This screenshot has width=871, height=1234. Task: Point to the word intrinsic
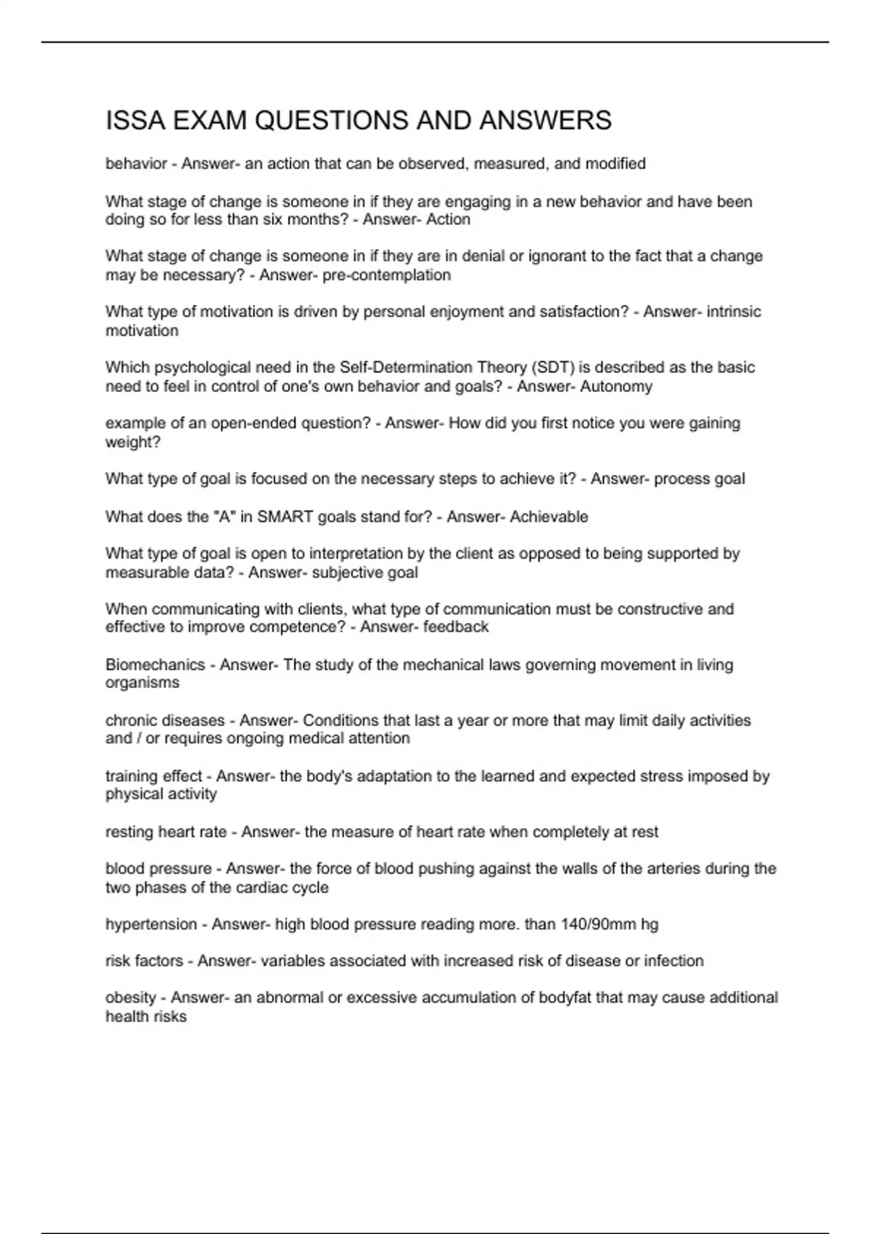pos(734,311)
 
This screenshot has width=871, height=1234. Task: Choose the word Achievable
pos(549,517)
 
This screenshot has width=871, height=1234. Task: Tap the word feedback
pos(456,626)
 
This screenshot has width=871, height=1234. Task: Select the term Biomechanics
pos(155,665)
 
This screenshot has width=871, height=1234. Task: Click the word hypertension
pos(151,924)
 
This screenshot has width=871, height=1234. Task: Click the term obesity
pos(131,997)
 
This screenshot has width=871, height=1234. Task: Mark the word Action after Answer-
pos(449,219)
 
